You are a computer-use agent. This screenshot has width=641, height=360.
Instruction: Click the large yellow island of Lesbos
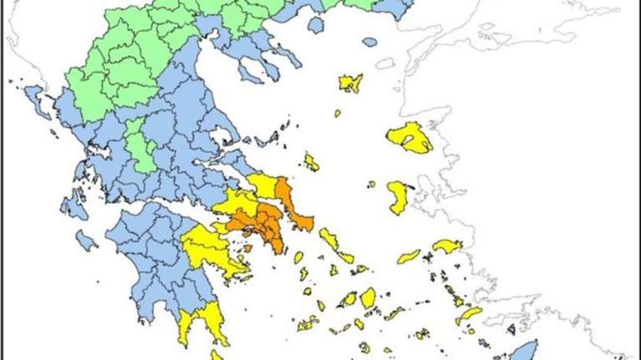[x=409, y=137]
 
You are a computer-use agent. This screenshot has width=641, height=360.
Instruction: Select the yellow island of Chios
[x=399, y=197]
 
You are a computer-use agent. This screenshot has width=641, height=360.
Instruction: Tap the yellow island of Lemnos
[x=351, y=82]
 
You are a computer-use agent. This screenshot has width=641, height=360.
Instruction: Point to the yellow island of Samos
[x=447, y=246]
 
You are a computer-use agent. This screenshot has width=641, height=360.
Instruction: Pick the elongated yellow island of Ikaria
[x=409, y=256]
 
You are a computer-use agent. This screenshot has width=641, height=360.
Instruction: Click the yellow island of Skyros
[x=311, y=161]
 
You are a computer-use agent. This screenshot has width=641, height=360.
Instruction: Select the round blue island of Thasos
[x=315, y=25]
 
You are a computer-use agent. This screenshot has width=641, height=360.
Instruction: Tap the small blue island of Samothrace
[x=369, y=41]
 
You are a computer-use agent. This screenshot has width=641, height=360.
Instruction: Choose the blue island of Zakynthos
[x=86, y=241]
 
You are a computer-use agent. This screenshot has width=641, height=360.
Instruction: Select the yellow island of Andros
[x=328, y=241]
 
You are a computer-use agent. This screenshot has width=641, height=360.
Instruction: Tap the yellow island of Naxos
[x=368, y=297]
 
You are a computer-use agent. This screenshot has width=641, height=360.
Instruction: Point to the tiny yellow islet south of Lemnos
[x=338, y=113]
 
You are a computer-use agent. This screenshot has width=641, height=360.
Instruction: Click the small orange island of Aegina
[x=247, y=247]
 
